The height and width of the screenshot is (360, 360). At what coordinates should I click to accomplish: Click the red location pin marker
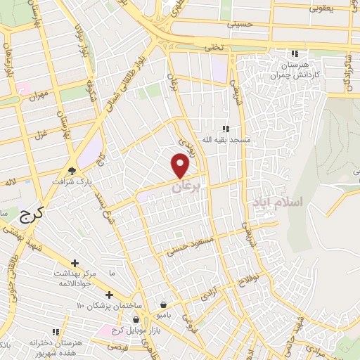coord(181,166)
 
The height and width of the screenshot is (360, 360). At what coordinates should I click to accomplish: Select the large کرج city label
coord(28,216)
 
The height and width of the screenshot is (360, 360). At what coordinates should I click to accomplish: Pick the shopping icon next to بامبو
coord(164,305)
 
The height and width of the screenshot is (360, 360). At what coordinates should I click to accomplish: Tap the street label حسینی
coord(238,24)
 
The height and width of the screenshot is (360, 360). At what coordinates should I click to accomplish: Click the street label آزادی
coord(209,296)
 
